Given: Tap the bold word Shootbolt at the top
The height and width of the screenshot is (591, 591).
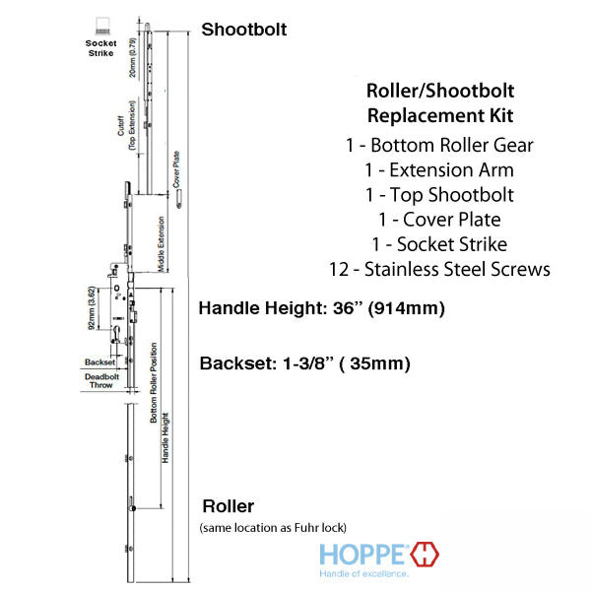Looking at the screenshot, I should coord(244,30).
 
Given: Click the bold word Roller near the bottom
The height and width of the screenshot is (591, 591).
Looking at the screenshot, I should coord(228,507).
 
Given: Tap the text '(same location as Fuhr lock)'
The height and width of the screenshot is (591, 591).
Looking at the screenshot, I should coord(273,528).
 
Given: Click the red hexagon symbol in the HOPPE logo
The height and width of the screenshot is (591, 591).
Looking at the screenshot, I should coord(426,554).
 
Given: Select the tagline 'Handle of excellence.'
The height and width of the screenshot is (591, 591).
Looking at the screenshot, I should coord(363,572).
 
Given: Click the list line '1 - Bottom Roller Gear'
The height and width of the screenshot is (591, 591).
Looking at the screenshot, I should coord(440,146).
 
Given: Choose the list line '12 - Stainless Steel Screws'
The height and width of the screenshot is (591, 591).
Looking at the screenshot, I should coord(440,269).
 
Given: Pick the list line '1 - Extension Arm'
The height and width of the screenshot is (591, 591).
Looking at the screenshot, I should coord(440,170).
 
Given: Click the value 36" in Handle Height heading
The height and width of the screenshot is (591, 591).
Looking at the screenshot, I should coord(347,308).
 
